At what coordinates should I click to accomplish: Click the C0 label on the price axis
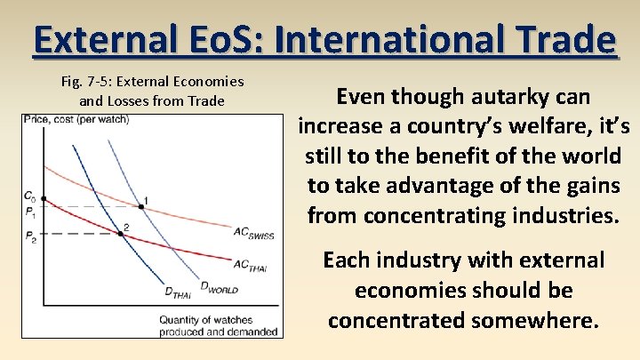(29, 196)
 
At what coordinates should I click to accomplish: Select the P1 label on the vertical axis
(29, 213)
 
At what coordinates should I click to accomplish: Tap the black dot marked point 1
(141, 207)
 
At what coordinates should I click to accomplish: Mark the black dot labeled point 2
(121, 234)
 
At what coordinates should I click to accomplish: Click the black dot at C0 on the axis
(43, 198)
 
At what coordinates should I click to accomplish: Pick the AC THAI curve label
(251, 265)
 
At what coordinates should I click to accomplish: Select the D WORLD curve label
(219, 286)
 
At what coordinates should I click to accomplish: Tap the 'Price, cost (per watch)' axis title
(76, 119)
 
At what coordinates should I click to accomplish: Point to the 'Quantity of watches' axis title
(206, 320)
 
